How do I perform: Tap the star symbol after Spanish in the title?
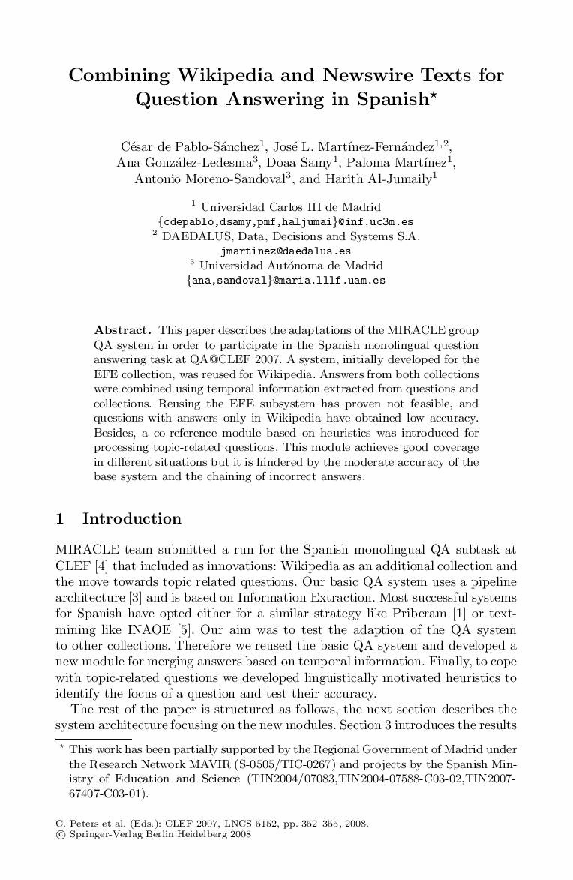(433, 95)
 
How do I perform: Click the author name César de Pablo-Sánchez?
(188, 146)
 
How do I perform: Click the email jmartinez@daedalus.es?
(286, 251)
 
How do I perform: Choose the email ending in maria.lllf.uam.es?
(286, 280)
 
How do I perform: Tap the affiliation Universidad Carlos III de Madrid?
(291, 207)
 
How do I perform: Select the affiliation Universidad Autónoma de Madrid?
(291, 266)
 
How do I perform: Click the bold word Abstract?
(122, 330)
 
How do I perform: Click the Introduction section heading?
(131, 518)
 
